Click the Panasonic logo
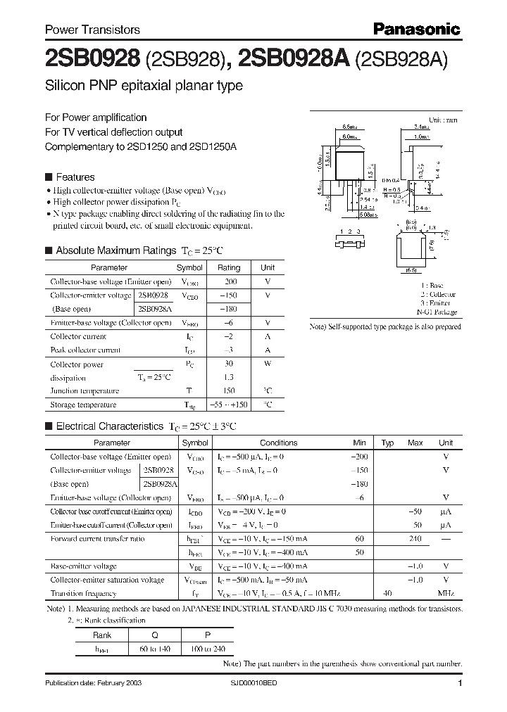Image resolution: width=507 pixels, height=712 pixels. coord(416,29)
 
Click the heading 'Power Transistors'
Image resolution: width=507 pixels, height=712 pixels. coord(92,30)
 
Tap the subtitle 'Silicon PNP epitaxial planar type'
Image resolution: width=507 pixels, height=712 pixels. coord(144,86)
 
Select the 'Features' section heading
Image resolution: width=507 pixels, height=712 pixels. coord(75,177)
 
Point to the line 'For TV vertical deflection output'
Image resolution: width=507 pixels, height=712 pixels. coord(113,132)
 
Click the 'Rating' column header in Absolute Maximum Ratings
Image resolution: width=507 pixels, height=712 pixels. coord(229,268)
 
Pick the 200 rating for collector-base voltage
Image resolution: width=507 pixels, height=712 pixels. coord(229,281)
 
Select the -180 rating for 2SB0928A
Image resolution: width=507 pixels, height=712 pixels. coord(229,309)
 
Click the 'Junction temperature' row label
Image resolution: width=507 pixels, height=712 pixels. coord(84,391)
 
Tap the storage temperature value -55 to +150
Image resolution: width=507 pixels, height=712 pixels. coord(229,405)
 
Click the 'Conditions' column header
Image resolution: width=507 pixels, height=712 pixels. coord(279,443)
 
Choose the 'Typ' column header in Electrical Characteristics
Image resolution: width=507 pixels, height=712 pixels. coord(387,443)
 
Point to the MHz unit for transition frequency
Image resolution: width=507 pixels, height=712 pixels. coord(446,594)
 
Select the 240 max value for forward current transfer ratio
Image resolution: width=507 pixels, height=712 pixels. coord(415,539)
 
